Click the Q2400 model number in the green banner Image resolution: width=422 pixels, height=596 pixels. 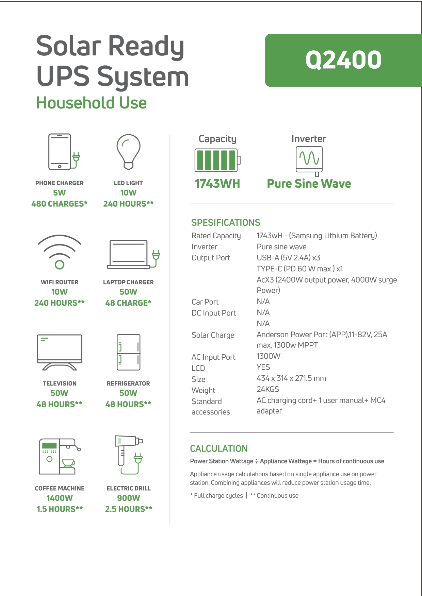click(x=343, y=60)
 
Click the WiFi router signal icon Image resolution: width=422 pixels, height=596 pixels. click(x=60, y=252)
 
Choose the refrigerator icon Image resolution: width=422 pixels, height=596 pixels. click(x=128, y=352)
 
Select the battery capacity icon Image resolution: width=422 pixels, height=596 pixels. click(x=217, y=160)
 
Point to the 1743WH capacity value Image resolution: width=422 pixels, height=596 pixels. click(x=217, y=184)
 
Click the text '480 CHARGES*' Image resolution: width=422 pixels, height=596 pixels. click(x=60, y=204)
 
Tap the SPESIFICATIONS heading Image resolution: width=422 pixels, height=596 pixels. click(x=226, y=223)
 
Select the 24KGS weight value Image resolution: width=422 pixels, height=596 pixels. click(x=268, y=389)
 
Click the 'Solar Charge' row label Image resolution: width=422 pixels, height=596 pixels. click(x=213, y=335)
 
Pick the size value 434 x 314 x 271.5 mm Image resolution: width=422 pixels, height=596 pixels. click(x=291, y=378)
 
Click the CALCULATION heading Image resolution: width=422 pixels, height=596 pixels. click(x=219, y=449)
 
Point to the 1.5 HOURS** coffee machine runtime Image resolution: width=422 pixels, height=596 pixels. click(x=60, y=509)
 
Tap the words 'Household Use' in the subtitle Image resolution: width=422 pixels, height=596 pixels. click(x=92, y=103)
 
